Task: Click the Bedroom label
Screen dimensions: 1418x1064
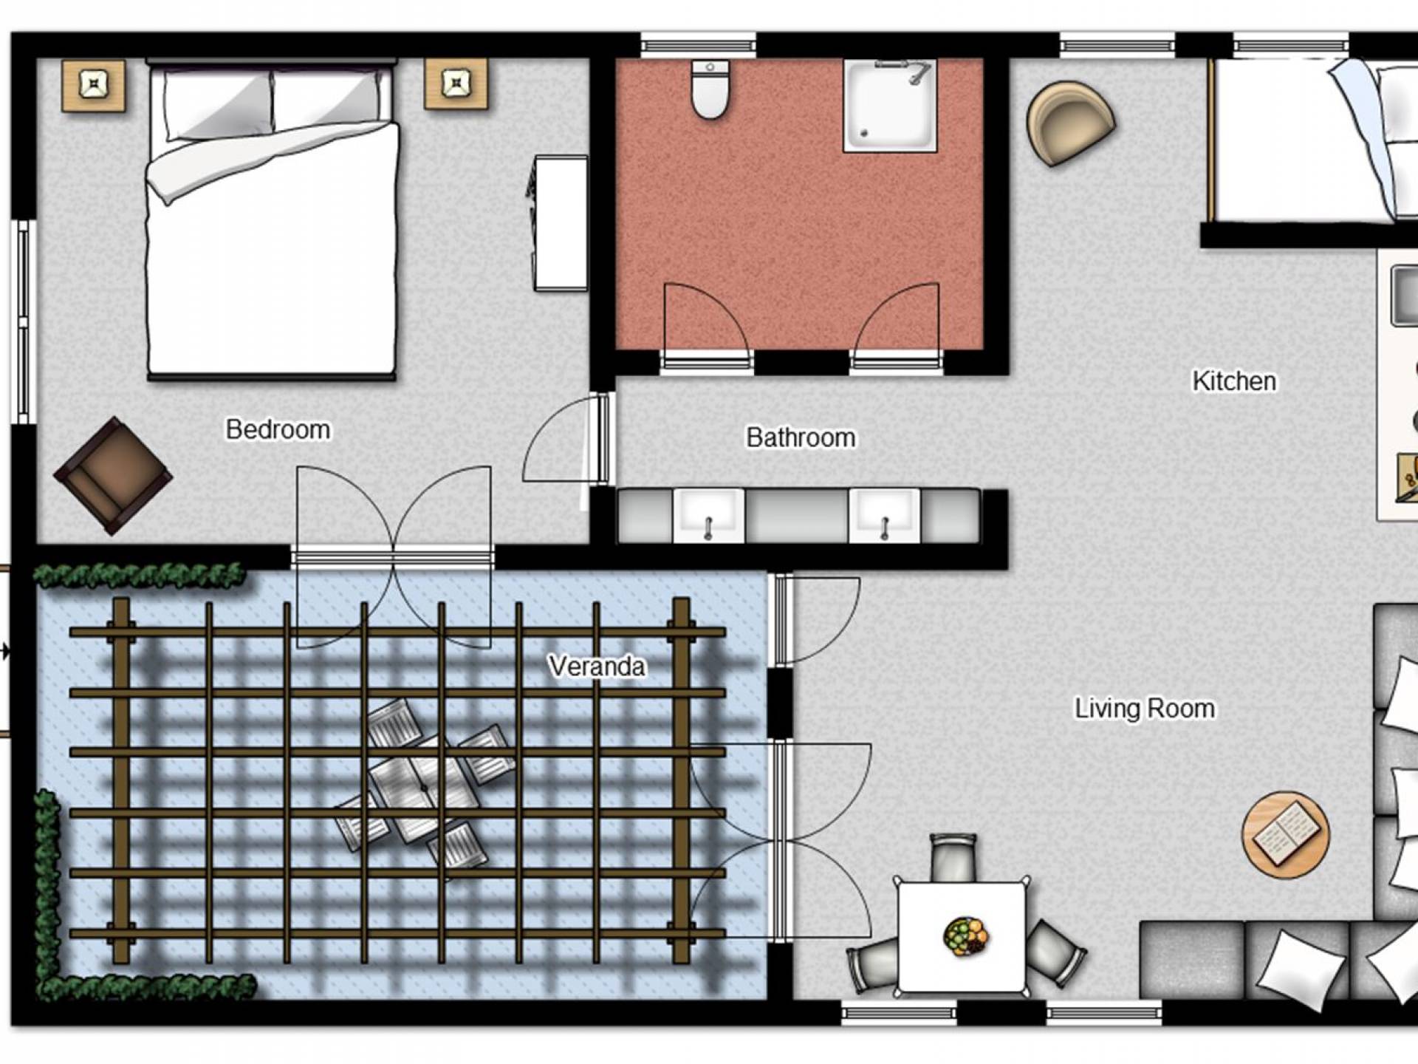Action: (278, 429)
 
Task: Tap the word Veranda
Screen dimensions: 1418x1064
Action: (597, 666)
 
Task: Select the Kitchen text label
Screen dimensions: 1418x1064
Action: (1234, 381)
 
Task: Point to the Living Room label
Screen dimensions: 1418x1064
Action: (1144, 708)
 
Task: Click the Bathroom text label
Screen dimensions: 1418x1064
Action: (801, 437)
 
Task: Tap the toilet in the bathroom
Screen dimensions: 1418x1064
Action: (710, 89)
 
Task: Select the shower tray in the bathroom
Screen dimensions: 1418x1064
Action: (890, 106)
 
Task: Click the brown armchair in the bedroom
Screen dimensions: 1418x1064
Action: (113, 476)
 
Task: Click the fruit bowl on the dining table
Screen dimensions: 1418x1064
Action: (966, 936)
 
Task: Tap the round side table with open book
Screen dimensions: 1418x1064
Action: (1286, 835)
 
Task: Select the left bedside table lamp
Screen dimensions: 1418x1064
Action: (93, 86)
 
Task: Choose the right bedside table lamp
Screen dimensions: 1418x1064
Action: (456, 83)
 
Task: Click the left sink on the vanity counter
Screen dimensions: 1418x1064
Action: (708, 515)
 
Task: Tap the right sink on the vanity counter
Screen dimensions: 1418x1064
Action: (885, 515)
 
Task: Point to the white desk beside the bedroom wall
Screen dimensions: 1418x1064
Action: (561, 222)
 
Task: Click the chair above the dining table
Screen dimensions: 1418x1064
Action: (953, 857)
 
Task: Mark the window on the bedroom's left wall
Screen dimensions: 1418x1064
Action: (24, 322)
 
